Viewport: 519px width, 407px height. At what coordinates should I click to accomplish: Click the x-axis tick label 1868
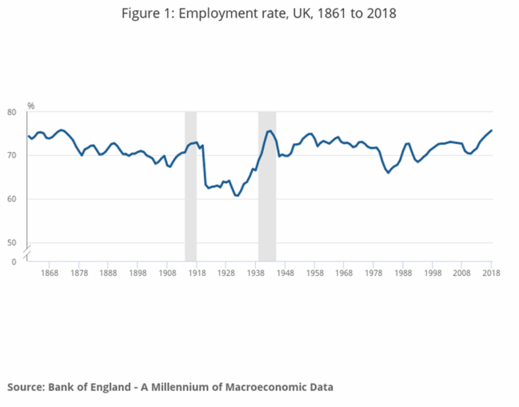click(x=50, y=273)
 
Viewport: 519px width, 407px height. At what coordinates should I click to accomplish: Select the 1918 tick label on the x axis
click(x=197, y=273)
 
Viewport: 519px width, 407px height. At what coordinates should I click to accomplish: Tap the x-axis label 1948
click(x=285, y=273)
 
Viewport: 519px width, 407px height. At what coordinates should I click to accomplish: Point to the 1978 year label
click(x=373, y=273)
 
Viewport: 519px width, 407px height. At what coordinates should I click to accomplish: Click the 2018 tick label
click(x=490, y=273)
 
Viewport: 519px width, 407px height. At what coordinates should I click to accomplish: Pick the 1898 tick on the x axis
click(x=138, y=273)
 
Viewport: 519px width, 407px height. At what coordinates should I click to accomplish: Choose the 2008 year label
click(x=461, y=273)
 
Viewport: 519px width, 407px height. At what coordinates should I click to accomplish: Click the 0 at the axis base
click(x=13, y=261)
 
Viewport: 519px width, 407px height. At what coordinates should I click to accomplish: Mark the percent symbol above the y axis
click(x=30, y=106)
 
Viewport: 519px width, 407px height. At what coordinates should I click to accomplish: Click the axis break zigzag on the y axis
click(x=27, y=253)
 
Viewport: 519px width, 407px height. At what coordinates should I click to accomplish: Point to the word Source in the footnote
click(x=26, y=387)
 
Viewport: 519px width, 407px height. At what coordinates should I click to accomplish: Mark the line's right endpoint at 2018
click(x=491, y=130)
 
